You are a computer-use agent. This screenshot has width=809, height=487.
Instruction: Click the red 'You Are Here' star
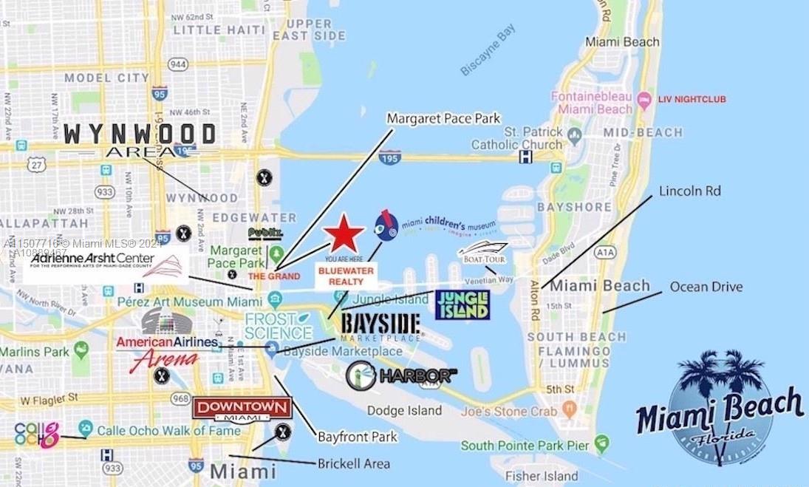(344, 236)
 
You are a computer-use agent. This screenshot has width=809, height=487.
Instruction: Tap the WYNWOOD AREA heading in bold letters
(140, 140)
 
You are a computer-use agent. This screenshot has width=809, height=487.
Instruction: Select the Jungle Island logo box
(462, 304)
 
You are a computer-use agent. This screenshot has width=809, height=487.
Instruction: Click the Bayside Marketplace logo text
(380, 325)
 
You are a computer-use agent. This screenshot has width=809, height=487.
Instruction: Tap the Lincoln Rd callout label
(689, 191)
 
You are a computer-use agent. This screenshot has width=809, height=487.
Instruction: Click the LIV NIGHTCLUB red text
(693, 99)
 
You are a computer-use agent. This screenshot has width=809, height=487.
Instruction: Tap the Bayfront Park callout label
(358, 437)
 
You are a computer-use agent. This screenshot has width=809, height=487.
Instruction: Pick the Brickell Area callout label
(353, 464)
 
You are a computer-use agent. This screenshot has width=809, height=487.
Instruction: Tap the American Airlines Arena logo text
(168, 348)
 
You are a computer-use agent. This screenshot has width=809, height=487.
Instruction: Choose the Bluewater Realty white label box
(346, 276)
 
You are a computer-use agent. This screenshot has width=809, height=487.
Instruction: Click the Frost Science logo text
(278, 326)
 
